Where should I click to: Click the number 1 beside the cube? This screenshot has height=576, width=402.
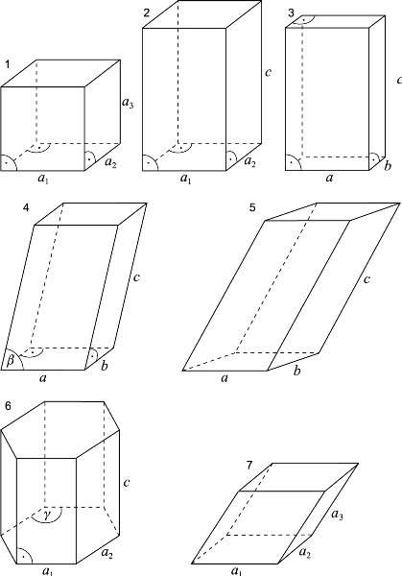[8, 64]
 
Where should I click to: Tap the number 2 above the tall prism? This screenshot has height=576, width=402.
[147, 13]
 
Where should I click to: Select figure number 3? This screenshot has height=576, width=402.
[291, 13]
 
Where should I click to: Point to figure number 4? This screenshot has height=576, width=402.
[26, 208]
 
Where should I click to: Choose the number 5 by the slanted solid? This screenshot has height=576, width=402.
[252, 207]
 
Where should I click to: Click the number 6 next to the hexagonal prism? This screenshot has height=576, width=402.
[8, 406]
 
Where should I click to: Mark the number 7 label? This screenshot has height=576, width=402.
[249, 466]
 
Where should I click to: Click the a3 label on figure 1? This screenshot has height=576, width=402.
[128, 103]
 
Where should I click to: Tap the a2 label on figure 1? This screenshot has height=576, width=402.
[111, 162]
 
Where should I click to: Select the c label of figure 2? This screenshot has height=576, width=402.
[269, 72]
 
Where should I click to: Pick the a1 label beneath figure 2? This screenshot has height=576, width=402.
[186, 179]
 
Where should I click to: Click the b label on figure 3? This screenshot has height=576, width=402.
[388, 166]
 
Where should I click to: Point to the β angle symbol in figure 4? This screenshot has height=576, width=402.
[11, 361]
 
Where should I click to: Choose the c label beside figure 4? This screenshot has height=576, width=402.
[136, 277]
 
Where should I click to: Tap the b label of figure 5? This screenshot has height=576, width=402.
[297, 371]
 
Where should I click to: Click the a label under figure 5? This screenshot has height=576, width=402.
[225, 377]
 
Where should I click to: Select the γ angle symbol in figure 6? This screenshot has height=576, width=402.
[46, 515]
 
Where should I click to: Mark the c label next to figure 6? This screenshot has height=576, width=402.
[127, 482]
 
